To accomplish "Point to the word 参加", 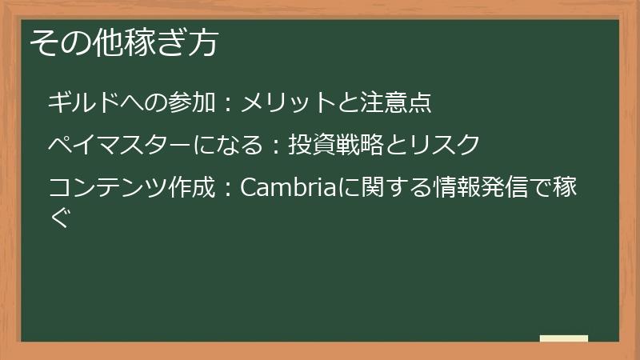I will click(192, 103).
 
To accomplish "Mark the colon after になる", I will click(275, 146).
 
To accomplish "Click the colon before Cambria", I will click(227, 190).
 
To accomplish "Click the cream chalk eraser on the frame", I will click(563, 339).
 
